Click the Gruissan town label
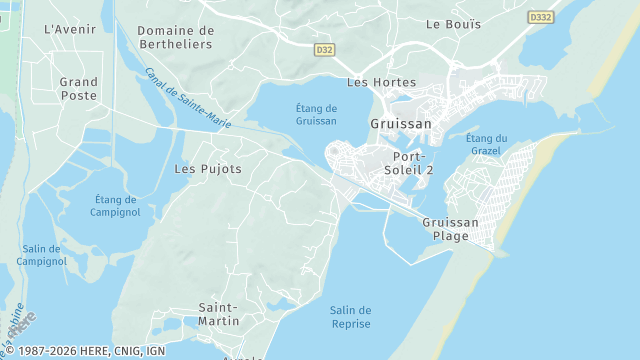tap(401, 124)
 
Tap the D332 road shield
tap(540, 17)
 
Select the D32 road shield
tap(324, 48)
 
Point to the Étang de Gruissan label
tap(317, 114)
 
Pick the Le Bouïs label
tap(446, 23)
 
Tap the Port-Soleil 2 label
tap(409, 163)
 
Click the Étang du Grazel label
tap(487, 144)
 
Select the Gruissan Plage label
tap(451, 229)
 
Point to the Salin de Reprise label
tap(350, 317)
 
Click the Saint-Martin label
tap(218, 314)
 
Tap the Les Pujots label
tap(208, 169)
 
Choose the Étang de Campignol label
tap(115, 205)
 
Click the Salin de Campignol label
tap(41, 255)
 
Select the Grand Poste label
tap(78, 89)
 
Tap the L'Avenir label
tap(69, 29)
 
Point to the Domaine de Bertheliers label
tap(177, 37)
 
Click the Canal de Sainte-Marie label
tap(188, 98)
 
